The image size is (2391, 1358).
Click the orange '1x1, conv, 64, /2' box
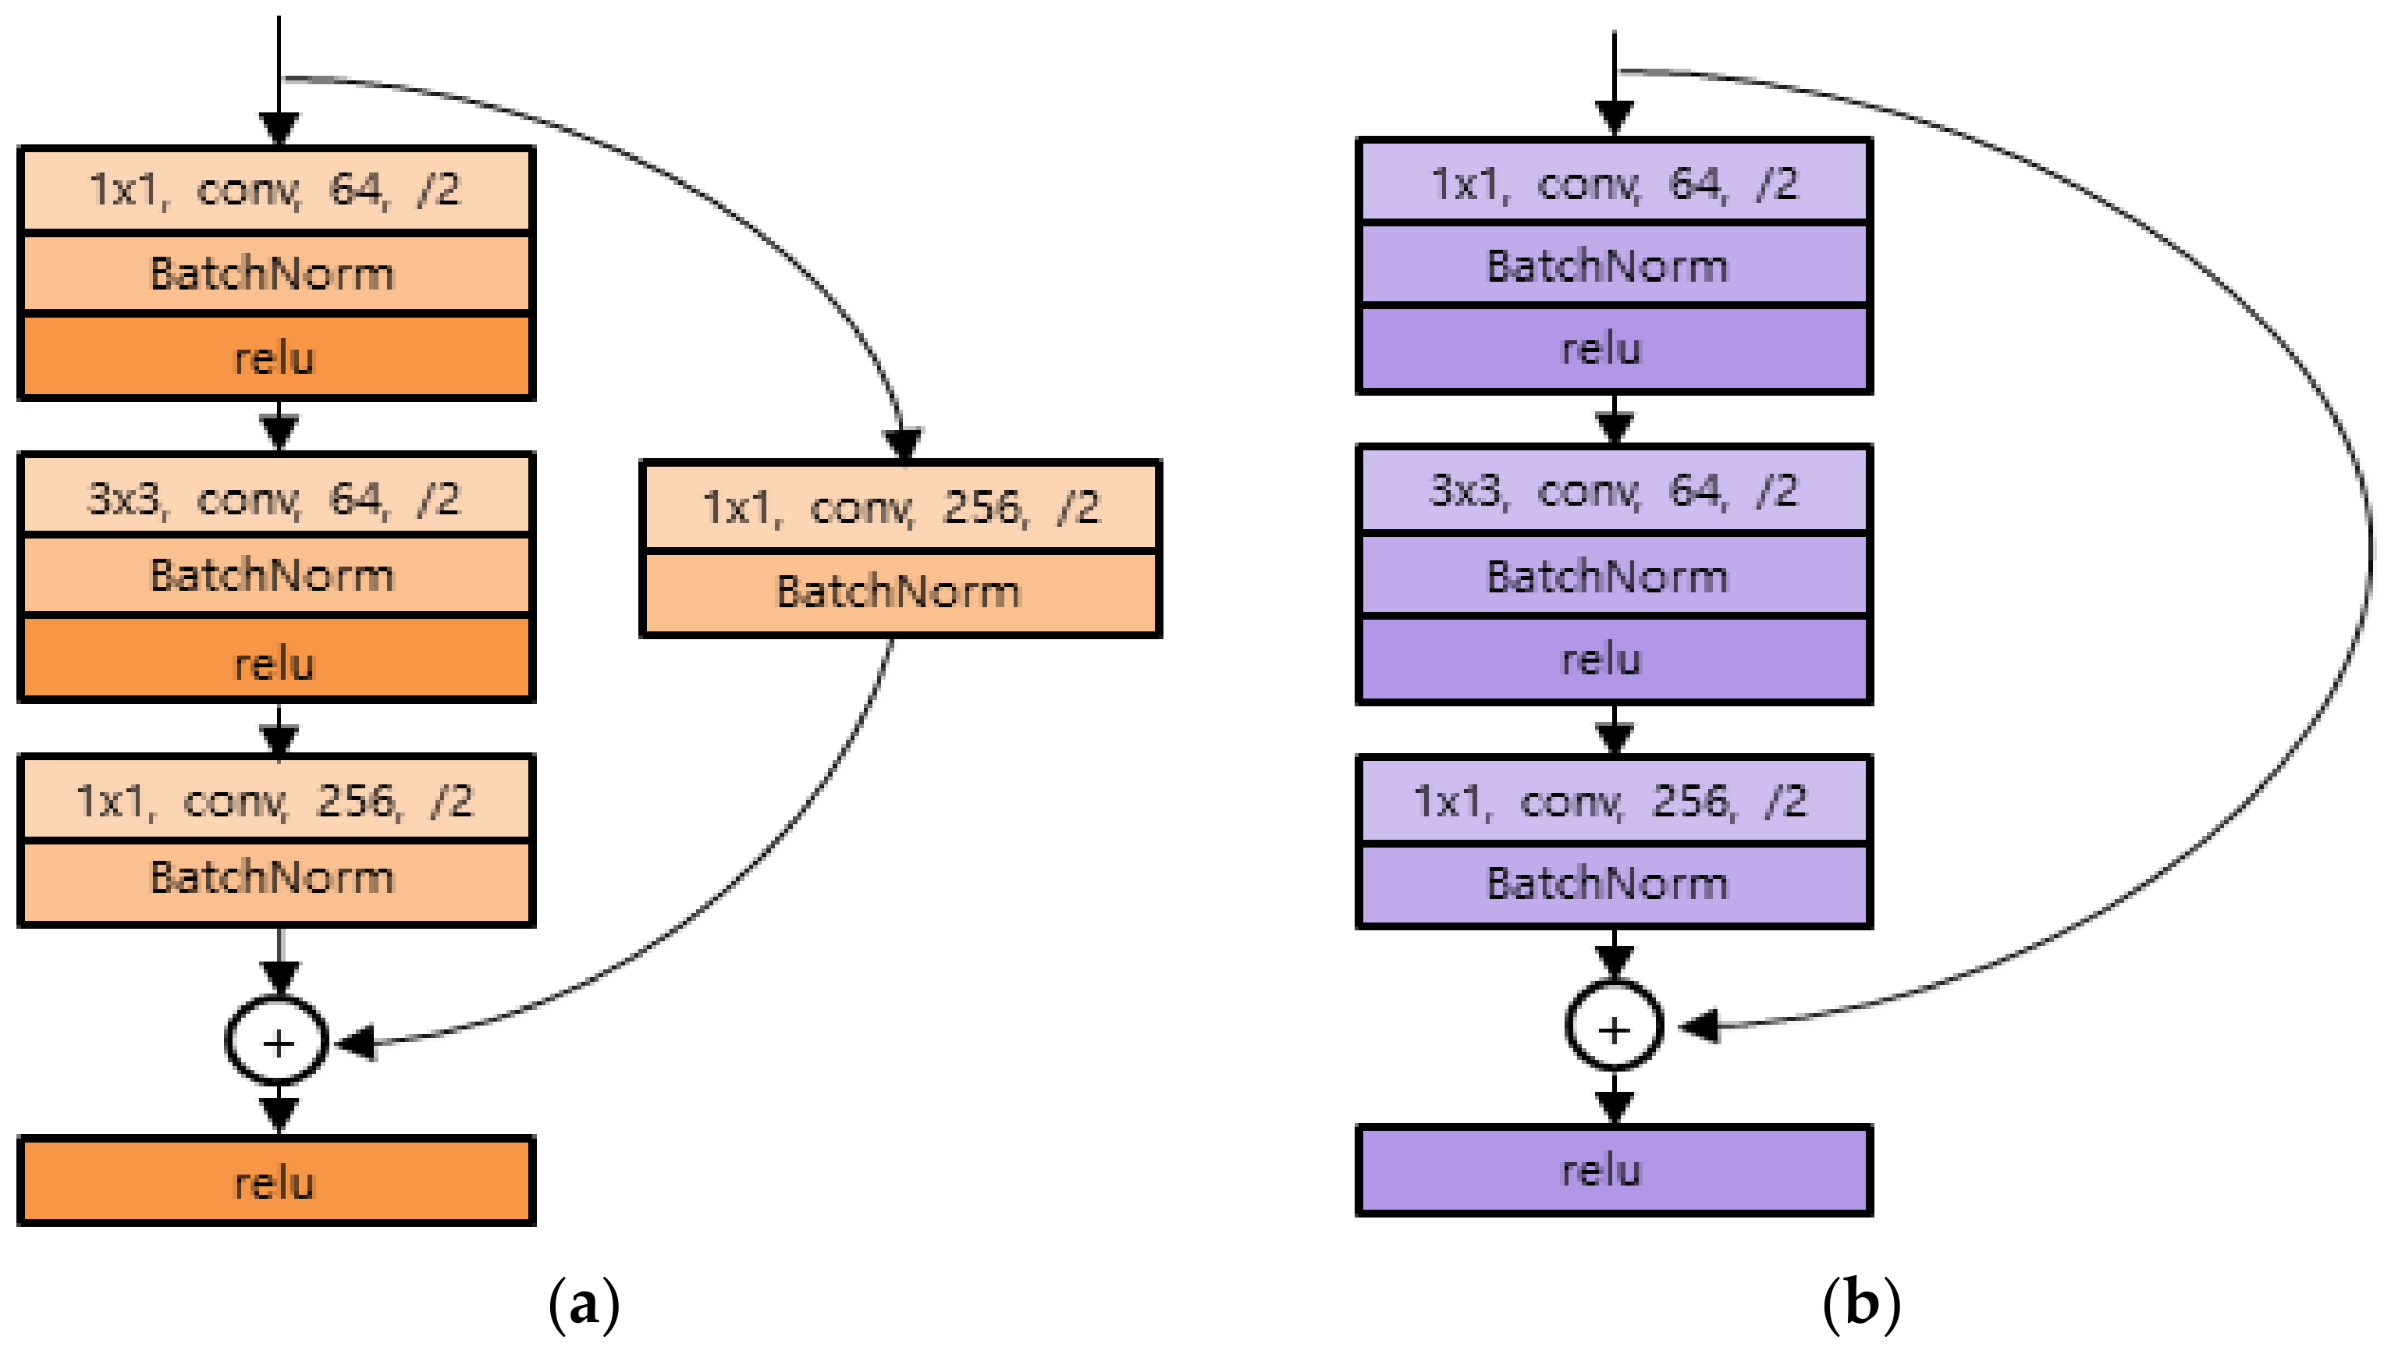pos(276,190)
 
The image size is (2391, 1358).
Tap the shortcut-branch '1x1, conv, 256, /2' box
pos(901,507)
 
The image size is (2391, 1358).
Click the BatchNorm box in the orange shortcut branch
pos(901,592)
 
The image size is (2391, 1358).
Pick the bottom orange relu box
pos(276,1181)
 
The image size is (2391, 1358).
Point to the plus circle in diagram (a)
pos(277,1042)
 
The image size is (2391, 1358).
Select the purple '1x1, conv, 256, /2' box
pos(1613,800)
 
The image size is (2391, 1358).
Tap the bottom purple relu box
pos(1613,1170)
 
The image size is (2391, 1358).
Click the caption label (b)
pos(1861,1302)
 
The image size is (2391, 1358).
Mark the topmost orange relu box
pos(276,358)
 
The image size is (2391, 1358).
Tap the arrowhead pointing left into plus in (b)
pos(1699,1026)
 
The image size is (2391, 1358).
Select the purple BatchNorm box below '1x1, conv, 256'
pos(1613,883)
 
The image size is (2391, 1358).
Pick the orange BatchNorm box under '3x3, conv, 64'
pos(276,574)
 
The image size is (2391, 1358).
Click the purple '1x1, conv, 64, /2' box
pos(1613,183)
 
